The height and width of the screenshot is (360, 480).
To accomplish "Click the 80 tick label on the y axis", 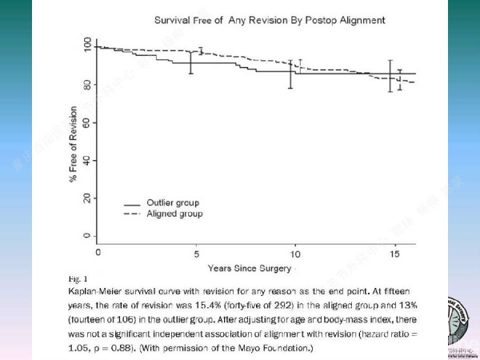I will pos(86,85).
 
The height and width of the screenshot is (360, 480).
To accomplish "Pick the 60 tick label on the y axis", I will pos(86,122).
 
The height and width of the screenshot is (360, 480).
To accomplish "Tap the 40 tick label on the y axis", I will pos(86,160).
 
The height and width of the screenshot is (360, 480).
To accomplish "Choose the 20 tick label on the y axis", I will pos(86,198).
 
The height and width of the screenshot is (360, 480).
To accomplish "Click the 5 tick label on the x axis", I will pos(197,253).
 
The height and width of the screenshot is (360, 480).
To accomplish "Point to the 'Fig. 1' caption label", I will pos(78,280).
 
